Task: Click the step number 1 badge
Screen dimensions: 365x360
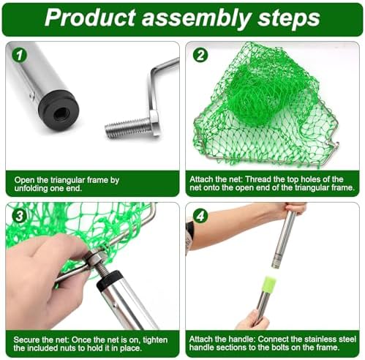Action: click(x=20, y=55)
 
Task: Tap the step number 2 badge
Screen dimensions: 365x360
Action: click(x=200, y=55)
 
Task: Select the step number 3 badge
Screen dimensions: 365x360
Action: click(x=19, y=216)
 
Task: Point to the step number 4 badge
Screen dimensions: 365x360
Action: click(x=200, y=216)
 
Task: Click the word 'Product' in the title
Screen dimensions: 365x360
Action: click(x=90, y=18)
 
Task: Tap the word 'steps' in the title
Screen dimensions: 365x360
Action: click(x=289, y=19)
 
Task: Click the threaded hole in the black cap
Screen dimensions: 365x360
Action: click(x=60, y=113)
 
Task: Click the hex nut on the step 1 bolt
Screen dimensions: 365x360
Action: click(x=154, y=122)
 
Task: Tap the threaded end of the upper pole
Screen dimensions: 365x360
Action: click(x=276, y=265)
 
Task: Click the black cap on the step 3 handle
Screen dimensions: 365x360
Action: click(x=109, y=279)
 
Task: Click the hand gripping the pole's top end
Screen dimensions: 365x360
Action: click(x=294, y=209)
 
